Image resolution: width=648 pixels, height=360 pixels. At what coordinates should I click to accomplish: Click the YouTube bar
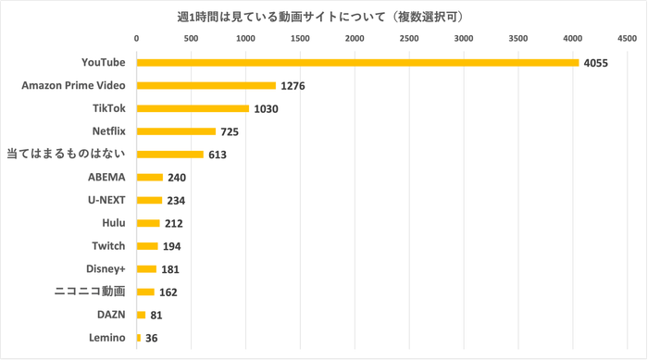point(357,63)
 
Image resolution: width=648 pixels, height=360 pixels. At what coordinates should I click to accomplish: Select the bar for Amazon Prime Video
point(206,85)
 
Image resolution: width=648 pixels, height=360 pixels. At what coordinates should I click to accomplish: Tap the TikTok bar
point(193,108)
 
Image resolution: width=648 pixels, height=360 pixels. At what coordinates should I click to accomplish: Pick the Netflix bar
point(176,131)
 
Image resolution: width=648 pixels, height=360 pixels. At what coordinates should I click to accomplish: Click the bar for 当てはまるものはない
point(170,155)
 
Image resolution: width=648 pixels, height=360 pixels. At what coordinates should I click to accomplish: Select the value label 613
point(218,155)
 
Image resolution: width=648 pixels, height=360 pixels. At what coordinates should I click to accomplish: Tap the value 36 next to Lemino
point(152,338)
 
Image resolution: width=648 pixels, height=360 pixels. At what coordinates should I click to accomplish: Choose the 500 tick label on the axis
point(191,39)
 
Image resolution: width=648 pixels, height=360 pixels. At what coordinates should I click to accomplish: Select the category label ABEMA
point(106,177)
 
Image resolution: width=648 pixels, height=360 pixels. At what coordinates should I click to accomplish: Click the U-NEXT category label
point(104,200)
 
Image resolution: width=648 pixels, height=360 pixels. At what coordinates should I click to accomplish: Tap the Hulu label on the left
point(112,223)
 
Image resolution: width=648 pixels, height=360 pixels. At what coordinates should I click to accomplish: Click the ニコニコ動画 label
point(88,292)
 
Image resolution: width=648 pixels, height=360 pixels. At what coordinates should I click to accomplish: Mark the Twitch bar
point(148,246)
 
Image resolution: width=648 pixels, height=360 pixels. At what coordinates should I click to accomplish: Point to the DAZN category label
point(109,315)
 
